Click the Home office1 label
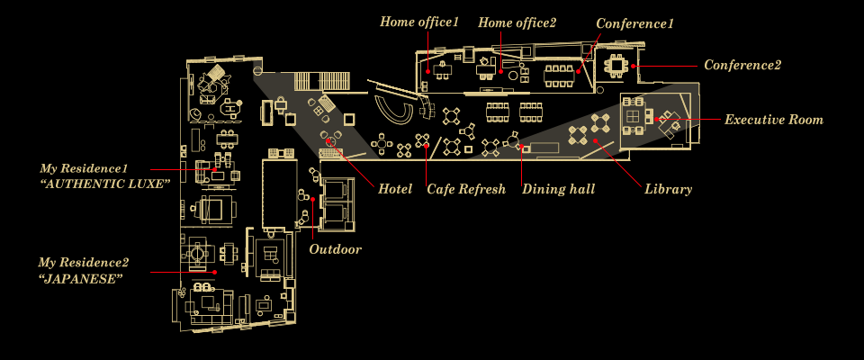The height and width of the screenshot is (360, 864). click(419, 22)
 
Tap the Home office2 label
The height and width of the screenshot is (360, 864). click(517, 22)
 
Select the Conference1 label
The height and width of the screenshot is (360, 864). click(634, 23)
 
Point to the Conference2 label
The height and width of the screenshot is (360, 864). click(742, 66)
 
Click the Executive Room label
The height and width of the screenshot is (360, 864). click(773, 120)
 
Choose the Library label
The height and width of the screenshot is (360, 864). click(668, 190)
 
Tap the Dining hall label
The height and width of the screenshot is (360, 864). click(558, 190)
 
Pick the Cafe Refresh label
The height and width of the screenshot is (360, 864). click(465, 190)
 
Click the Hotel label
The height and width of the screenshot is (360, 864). click(395, 190)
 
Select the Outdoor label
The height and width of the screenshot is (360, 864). click(335, 249)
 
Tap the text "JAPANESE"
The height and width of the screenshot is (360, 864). click(81, 279)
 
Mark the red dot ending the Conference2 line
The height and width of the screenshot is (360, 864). click(634, 66)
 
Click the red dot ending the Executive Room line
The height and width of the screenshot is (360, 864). click(658, 120)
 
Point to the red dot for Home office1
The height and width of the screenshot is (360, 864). click(427, 71)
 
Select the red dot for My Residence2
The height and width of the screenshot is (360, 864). click(217, 271)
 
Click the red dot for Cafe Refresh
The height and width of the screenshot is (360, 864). click(427, 146)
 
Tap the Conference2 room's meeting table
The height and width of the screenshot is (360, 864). click(616, 65)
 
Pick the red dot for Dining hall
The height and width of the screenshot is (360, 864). click(522, 146)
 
